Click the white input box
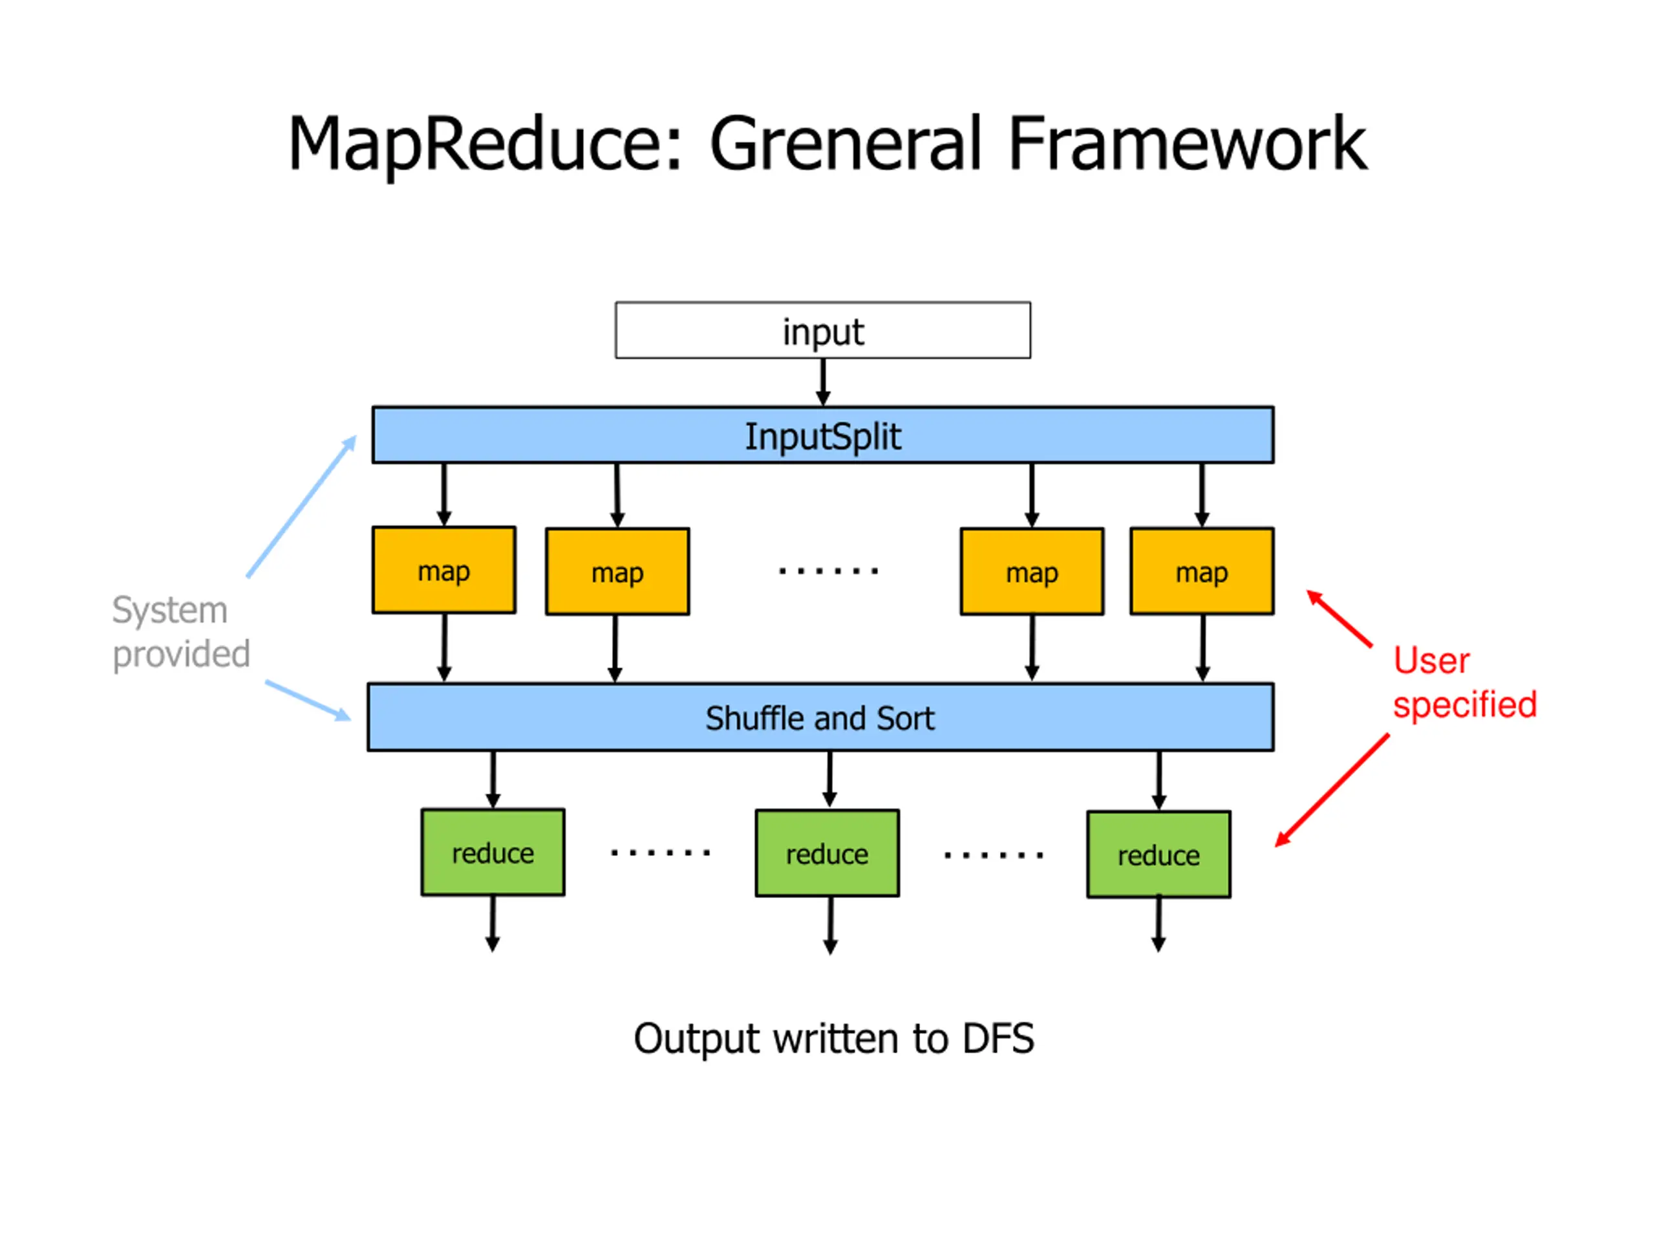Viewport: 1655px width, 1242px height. coord(822,330)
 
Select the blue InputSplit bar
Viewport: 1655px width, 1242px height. coord(822,435)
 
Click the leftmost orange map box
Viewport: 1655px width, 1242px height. coord(443,571)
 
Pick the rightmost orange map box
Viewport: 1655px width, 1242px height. coord(1202,571)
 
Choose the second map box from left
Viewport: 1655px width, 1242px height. coord(617,572)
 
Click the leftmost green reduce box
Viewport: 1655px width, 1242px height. coord(493,852)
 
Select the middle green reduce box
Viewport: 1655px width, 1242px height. coord(827,853)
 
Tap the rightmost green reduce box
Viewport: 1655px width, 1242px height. coord(1158,855)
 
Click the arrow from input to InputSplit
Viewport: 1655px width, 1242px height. coord(823,382)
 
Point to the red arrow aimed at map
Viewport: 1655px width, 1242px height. coord(1340,618)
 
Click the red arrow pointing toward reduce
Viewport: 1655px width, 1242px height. coord(1332,790)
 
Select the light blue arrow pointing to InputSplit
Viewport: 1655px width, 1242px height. coord(301,506)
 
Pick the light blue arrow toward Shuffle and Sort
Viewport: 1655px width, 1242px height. coord(308,701)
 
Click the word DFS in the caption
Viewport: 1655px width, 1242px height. coord(998,1038)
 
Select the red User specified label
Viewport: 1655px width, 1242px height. coord(1464,682)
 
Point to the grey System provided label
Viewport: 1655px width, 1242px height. coord(180,632)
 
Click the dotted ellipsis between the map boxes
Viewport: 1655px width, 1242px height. coord(828,571)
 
